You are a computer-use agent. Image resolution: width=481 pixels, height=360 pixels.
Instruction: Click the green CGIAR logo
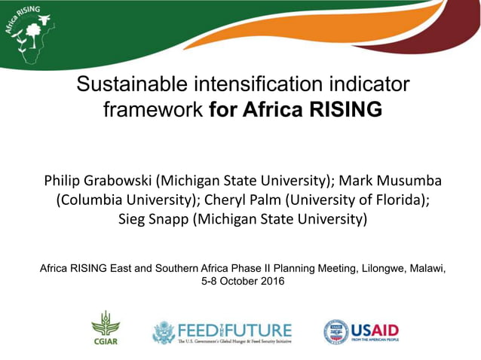click(x=106, y=328)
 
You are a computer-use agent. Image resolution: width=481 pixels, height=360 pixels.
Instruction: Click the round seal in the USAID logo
click(x=336, y=331)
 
